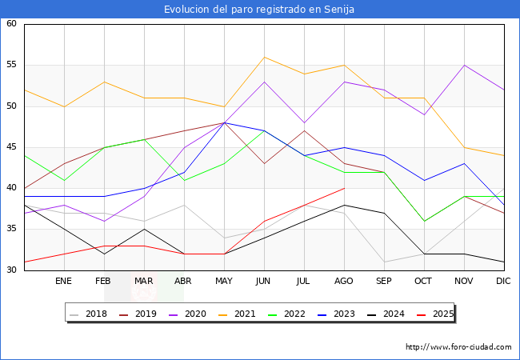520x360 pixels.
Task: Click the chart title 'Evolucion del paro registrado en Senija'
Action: (259, 9)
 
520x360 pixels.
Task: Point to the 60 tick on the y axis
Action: (11, 24)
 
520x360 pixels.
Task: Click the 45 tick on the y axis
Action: (11, 147)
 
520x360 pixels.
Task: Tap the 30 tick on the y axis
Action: (11, 270)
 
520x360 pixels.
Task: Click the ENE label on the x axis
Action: (64, 282)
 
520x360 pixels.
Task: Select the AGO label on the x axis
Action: (344, 282)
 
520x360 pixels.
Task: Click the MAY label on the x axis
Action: (224, 282)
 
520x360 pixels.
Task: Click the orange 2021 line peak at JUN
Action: (264, 57)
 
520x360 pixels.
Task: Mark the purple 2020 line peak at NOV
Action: (464, 65)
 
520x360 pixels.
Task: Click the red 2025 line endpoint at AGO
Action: (344, 188)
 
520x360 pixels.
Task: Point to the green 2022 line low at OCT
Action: (424, 221)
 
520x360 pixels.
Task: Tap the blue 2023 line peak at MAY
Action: (224, 122)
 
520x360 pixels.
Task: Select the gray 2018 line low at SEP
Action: (384, 262)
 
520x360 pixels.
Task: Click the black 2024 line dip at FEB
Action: (104, 254)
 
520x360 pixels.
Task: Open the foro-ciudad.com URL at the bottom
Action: (458, 347)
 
